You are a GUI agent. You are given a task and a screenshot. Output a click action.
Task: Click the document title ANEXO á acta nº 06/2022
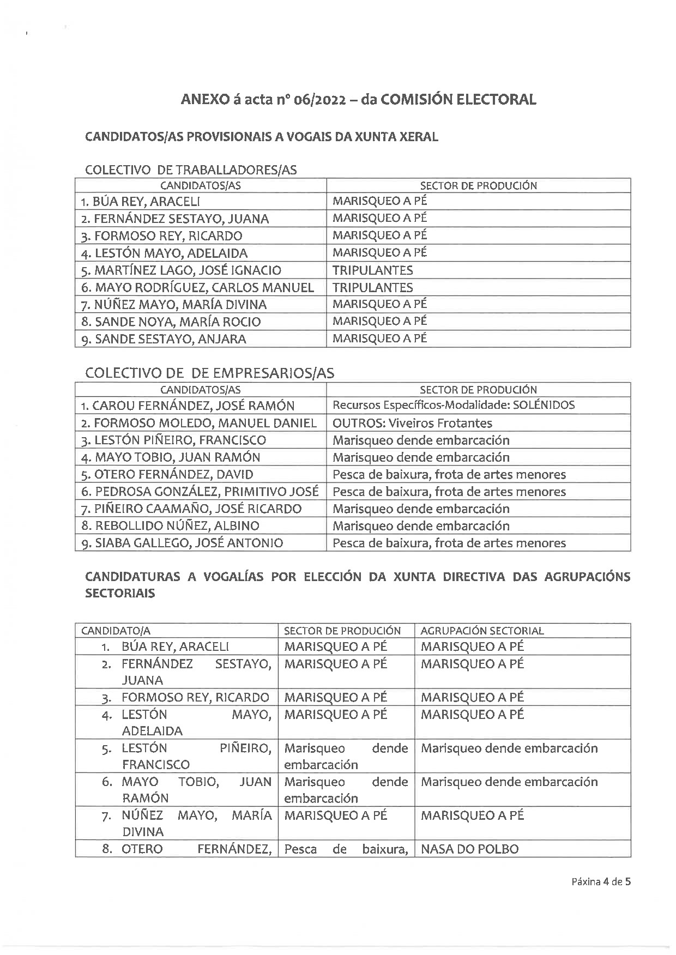pyautogui.click(x=358, y=99)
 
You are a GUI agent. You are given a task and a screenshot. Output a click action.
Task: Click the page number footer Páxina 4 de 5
pyautogui.click(x=601, y=881)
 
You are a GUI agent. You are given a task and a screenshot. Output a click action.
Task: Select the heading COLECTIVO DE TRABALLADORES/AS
pyautogui.click(x=191, y=170)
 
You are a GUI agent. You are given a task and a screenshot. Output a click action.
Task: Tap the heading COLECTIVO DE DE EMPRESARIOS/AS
pyautogui.click(x=210, y=373)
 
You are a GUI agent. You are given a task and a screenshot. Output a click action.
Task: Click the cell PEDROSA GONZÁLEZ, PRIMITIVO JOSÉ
pyautogui.click(x=200, y=492)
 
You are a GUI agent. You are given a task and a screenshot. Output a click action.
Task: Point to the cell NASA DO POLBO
pyautogui.click(x=470, y=849)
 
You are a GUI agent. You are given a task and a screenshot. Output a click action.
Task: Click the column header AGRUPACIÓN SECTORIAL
pyautogui.click(x=482, y=631)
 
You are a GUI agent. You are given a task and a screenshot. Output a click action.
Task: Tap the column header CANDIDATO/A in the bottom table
pyautogui.click(x=116, y=631)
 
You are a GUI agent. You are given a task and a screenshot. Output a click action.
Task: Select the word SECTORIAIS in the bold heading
pyautogui.click(x=120, y=594)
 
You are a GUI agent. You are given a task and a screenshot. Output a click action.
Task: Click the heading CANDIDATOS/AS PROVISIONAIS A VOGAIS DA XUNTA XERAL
pyautogui.click(x=262, y=137)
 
